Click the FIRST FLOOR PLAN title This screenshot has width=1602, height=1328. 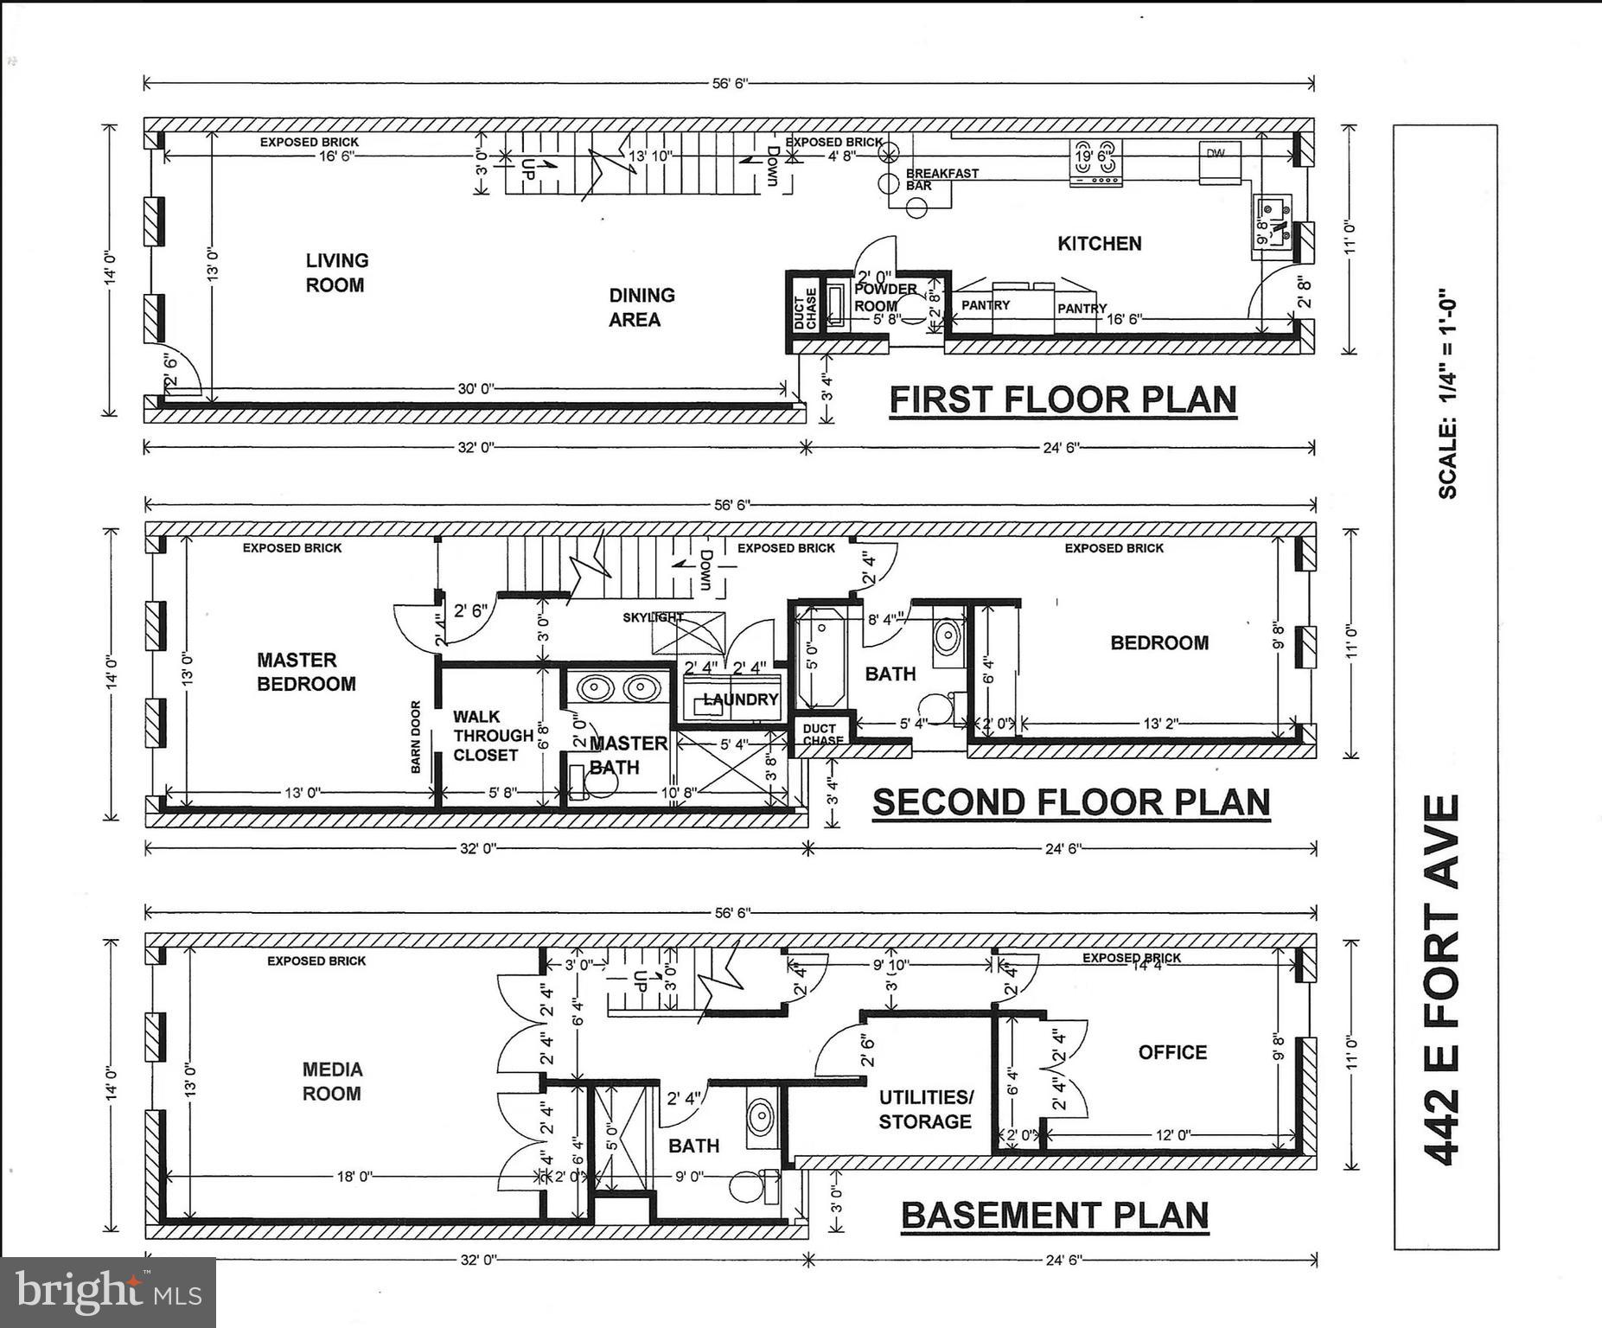1063,400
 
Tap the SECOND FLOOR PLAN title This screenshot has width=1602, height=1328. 1070,802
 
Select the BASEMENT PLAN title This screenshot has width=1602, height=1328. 1055,1215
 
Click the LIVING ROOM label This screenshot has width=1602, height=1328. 336,272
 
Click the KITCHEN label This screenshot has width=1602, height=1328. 1099,244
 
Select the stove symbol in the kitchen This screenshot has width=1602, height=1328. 1095,162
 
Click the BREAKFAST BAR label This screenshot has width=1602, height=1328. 941,179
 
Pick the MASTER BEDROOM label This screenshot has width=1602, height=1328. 305,672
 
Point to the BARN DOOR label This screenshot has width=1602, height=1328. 416,737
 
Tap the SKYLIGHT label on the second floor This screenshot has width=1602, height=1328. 652,617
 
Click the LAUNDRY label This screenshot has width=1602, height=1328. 741,699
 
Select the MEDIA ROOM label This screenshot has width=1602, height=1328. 332,1082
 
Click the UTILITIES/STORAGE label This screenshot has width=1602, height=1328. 925,1109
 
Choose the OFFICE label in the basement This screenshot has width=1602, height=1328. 1171,1052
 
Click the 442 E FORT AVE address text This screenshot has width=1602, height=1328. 1443,980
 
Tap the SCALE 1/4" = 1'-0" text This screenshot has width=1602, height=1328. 1448,393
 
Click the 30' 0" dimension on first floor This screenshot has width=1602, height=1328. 475,389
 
